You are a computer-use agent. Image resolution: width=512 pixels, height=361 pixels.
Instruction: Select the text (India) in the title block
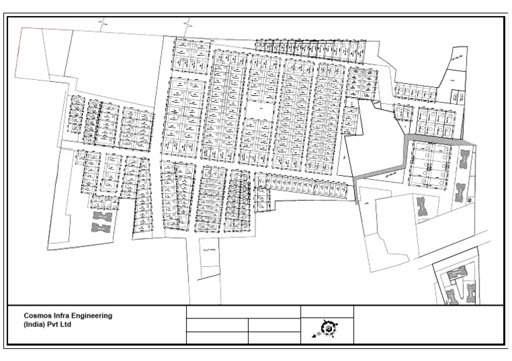pyautogui.click(x=35, y=325)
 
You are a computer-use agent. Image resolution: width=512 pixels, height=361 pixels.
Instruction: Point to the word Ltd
pyautogui.click(x=65, y=325)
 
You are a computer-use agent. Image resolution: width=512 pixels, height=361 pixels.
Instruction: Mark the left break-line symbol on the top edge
pyautogui.click(x=102, y=24)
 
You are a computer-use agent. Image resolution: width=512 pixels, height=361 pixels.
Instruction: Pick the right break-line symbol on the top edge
pyautogui.click(x=189, y=24)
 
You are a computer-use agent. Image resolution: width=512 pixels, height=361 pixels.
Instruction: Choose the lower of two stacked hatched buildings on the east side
pyautogui.click(x=461, y=192)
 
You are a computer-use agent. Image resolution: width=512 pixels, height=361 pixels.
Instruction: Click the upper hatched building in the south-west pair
pyautogui.click(x=101, y=216)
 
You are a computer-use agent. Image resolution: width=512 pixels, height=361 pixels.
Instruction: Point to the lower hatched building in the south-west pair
pyautogui.click(x=101, y=228)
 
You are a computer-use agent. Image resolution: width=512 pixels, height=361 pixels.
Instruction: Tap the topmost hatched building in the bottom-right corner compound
pyautogui.click(x=456, y=272)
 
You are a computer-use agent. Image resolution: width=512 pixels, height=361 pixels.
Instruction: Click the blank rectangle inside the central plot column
pyautogui.click(x=256, y=110)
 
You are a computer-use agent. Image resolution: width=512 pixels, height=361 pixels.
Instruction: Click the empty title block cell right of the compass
pyautogui.click(x=427, y=324)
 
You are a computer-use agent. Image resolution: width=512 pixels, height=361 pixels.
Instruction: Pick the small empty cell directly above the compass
pyautogui.click(x=327, y=311)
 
